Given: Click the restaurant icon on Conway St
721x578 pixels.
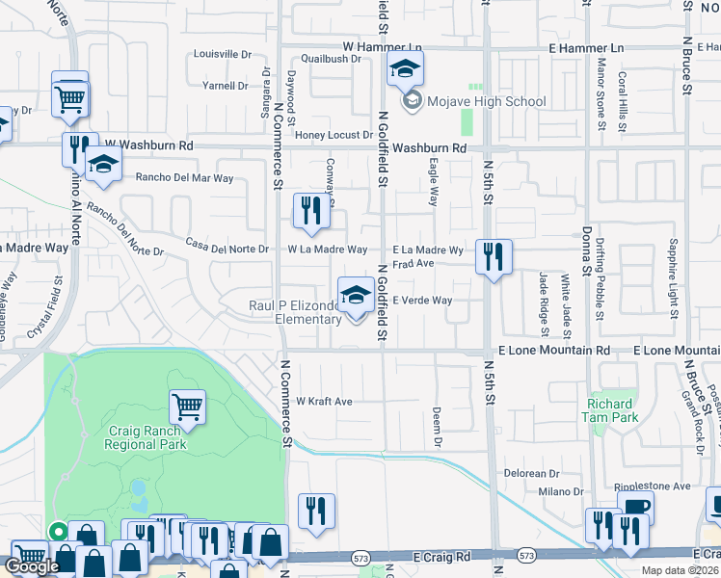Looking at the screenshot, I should click(311, 211).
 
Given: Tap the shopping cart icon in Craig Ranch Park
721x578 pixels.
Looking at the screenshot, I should click(187, 407).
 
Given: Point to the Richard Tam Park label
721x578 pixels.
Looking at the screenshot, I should click(608, 410).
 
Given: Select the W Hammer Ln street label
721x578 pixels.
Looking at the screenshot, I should click(383, 47).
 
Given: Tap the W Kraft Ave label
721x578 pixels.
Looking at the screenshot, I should click(324, 401).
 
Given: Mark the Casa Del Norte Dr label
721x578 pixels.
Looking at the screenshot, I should click(227, 248).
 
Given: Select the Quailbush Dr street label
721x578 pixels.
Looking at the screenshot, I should click(331, 58).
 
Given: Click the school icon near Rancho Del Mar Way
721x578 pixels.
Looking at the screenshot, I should click(102, 165).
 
